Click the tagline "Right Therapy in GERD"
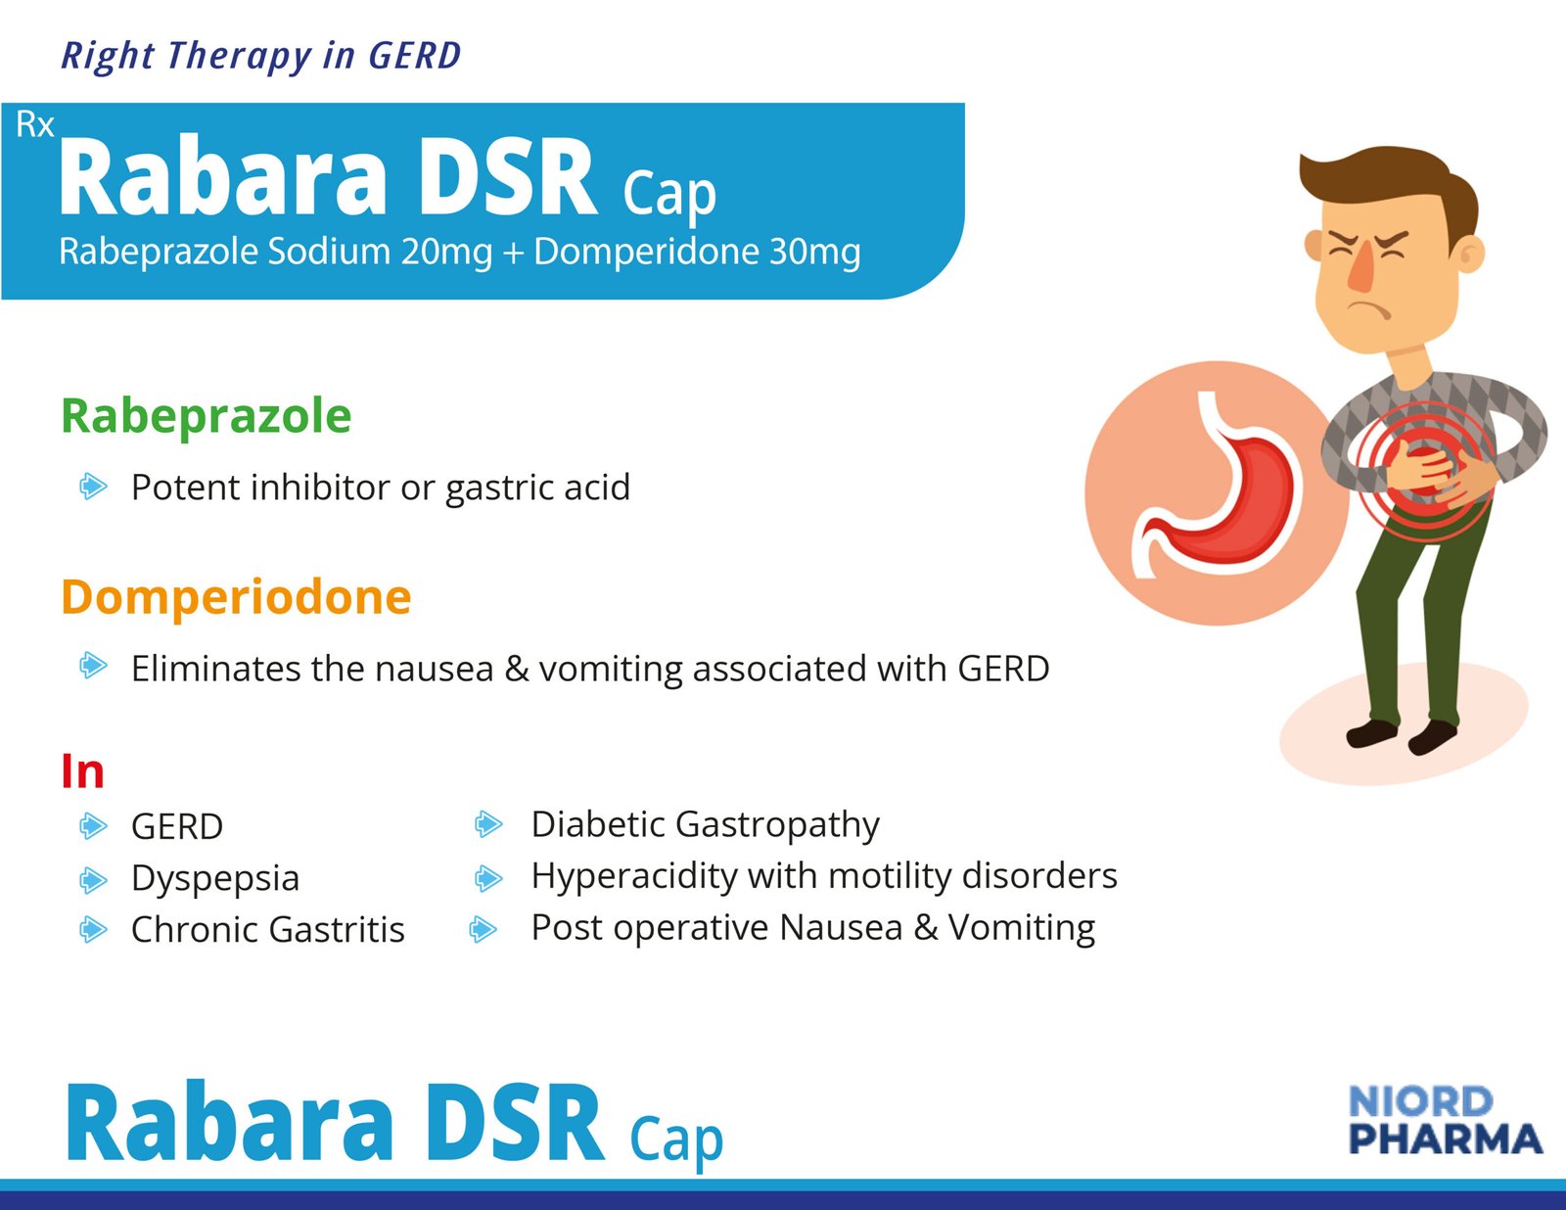(260, 56)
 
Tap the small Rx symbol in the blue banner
(34, 124)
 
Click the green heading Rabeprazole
(207, 416)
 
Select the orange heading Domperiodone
(237, 597)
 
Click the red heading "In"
(83, 771)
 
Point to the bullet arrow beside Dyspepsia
(93, 879)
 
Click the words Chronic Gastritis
(268, 930)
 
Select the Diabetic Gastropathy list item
(705, 825)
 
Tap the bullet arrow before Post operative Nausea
(483, 929)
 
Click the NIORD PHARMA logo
(1445, 1119)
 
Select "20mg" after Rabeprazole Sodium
(447, 253)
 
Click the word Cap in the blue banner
(669, 194)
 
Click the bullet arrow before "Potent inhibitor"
(93, 487)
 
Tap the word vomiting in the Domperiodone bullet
(611, 670)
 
